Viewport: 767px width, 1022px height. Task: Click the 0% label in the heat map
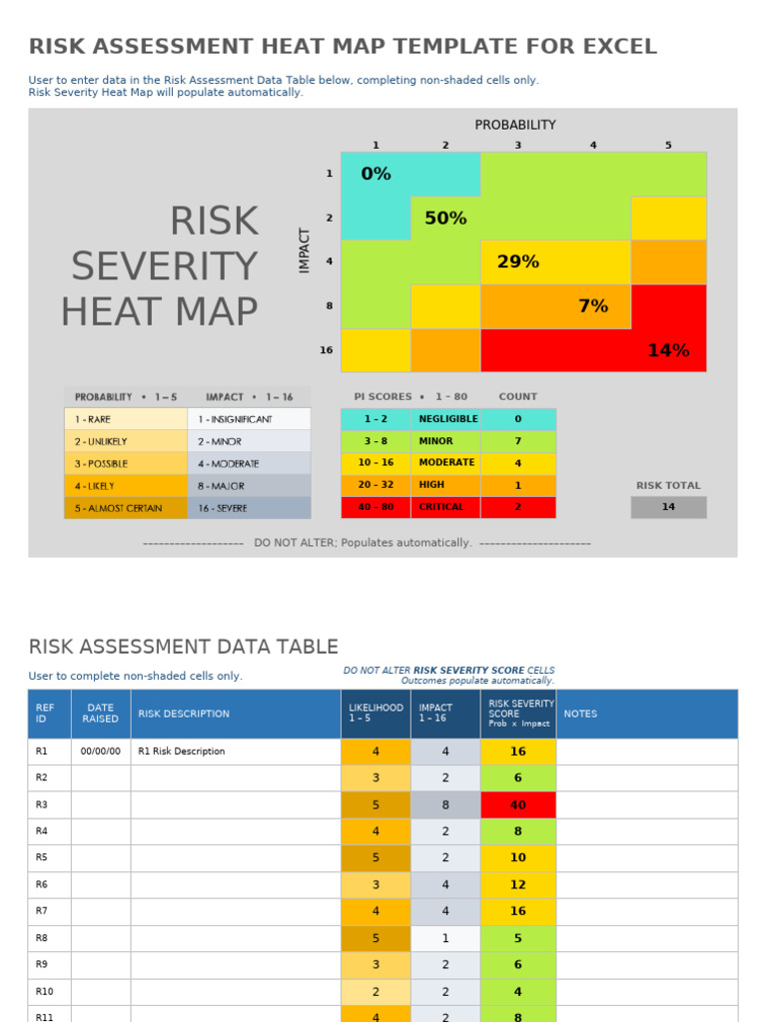376,174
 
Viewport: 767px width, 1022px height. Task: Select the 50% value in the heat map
445,218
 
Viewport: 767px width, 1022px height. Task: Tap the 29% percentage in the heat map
517,261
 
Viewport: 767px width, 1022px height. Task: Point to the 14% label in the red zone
668,350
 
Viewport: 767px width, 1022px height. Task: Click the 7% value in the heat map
593,306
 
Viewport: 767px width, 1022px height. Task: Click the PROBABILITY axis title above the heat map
515,125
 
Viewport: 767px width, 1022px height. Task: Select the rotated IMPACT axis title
306,251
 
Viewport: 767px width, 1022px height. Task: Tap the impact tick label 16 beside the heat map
327,350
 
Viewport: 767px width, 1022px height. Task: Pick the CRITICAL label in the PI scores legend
441,507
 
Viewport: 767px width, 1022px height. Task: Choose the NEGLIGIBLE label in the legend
448,419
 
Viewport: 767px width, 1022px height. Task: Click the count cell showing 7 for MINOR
517,441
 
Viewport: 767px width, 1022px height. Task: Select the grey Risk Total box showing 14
668,507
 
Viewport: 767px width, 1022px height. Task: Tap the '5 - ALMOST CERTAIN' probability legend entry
125,508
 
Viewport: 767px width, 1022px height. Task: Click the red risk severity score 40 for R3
517,805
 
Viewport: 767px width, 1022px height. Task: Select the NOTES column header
580,714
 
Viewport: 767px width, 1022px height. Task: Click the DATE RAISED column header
100,714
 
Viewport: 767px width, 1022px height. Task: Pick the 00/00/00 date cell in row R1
100,752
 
